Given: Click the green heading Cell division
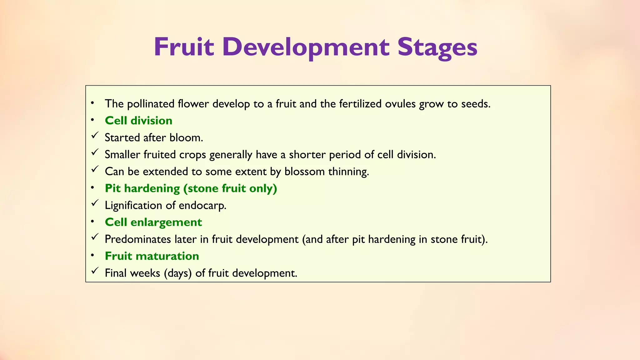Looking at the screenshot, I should click(138, 121).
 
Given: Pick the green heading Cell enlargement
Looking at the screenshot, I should click(153, 222).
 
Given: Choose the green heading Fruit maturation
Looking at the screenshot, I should click(152, 256).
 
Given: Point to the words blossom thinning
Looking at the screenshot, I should click(327, 172).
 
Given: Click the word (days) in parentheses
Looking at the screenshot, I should click(177, 273).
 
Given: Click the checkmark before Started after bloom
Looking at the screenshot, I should click(95, 135).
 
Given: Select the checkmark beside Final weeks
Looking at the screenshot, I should click(95, 271).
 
